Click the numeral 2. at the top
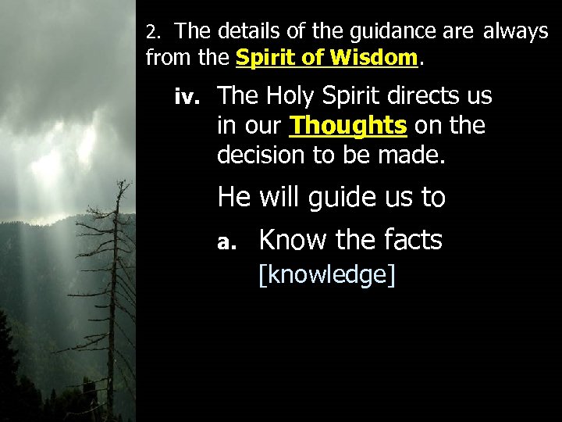tap(153, 33)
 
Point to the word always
tap(516, 32)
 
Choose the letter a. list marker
tap(226, 243)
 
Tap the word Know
tap(293, 240)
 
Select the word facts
tap(408, 240)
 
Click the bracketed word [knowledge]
tap(327, 275)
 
